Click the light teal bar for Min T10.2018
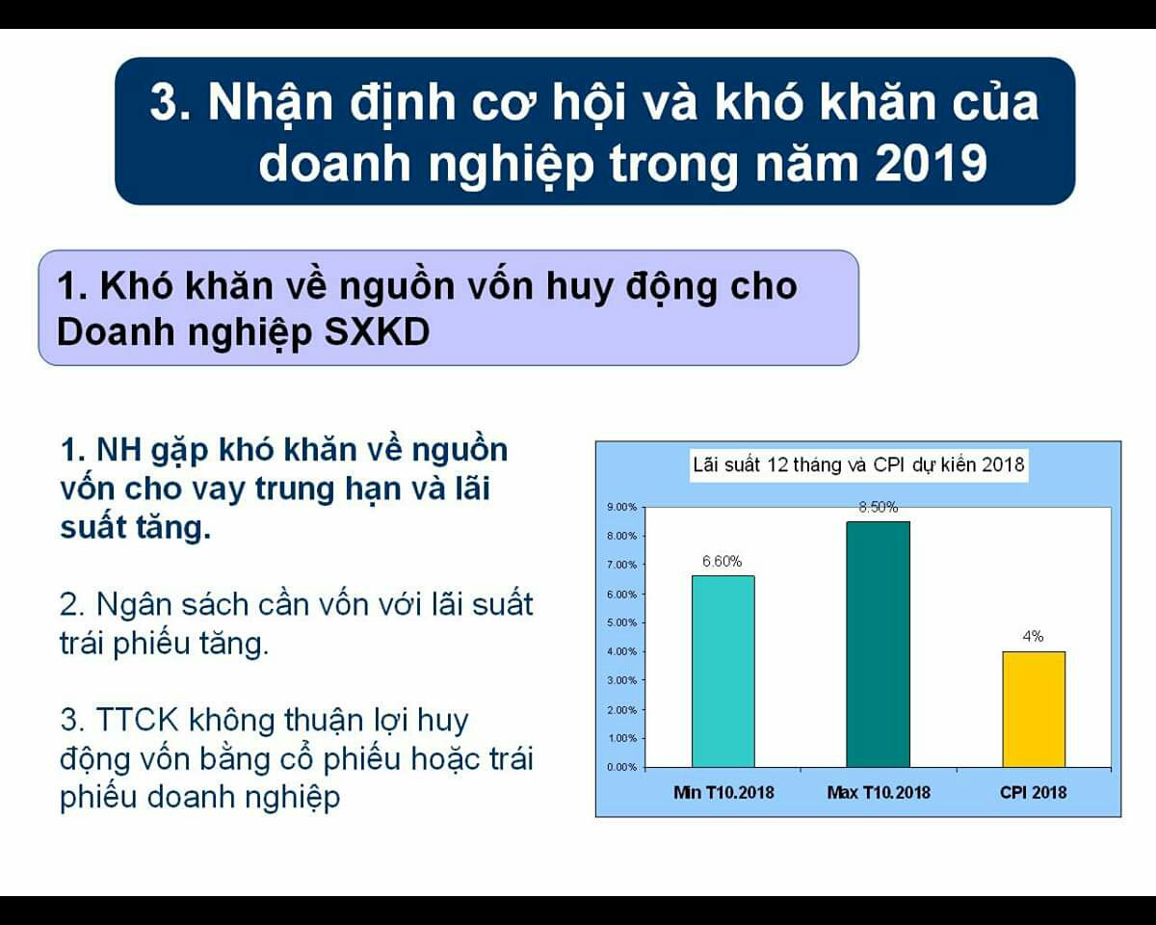click(x=723, y=672)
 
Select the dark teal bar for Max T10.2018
click(x=879, y=645)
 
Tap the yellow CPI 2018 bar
click(x=1034, y=709)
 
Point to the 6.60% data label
click(x=722, y=561)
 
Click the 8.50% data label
click(x=879, y=507)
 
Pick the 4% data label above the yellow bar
click(x=1033, y=636)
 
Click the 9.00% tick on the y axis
click(x=622, y=507)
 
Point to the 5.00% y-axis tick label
click(x=622, y=622)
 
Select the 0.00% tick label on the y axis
click(x=622, y=767)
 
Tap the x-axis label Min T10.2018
click(x=723, y=792)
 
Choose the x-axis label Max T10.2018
click(x=879, y=792)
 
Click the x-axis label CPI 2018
click(x=1033, y=792)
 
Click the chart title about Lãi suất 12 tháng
click(x=858, y=464)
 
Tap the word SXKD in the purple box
click(x=377, y=331)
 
